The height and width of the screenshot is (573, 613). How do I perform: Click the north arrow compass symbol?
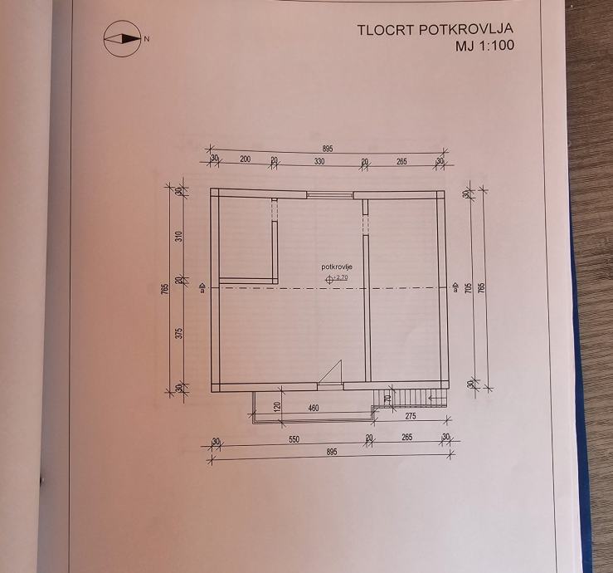(x=120, y=38)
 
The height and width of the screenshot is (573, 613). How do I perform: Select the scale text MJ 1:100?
(x=484, y=47)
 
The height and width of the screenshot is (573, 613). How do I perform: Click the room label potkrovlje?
(x=338, y=266)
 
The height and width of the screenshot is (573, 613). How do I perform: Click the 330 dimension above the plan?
(x=319, y=161)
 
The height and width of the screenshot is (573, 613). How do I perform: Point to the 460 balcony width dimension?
(x=314, y=408)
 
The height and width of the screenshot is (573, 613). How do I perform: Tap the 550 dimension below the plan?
(x=293, y=439)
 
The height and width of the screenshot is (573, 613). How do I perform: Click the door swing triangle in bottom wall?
(x=332, y=372)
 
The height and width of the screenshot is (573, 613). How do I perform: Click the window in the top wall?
(x=319, y=194)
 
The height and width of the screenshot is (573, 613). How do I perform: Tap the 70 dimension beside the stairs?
(x=387, y=399)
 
